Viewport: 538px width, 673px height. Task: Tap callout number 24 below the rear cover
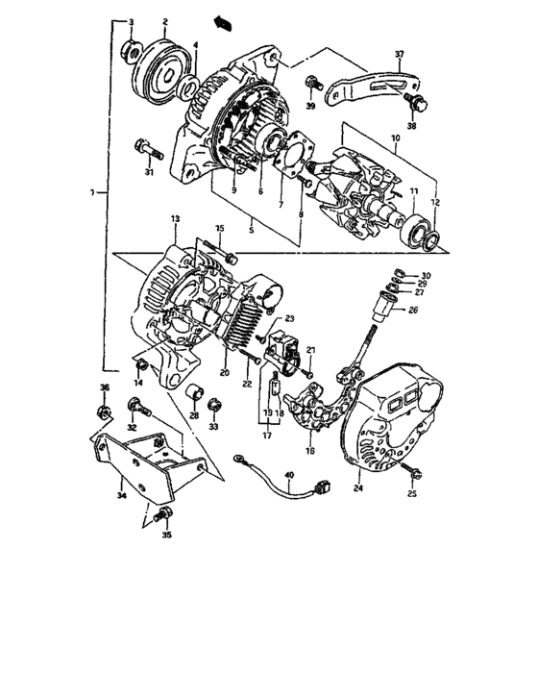coord(358,490)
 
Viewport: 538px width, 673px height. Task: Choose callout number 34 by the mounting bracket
coord(120,497)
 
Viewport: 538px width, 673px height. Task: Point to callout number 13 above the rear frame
coord(176,220)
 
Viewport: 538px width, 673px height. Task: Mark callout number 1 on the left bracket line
coord(91,193)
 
